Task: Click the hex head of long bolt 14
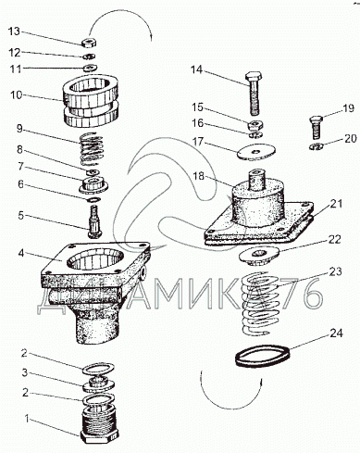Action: tap(254, 76)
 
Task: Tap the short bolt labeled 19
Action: tap(316, 127)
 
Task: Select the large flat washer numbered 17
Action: tap(256, 152)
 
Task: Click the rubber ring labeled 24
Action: tap(263, 356)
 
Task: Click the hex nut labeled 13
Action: tap(89, 43)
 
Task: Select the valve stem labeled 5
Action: tap(94, 222)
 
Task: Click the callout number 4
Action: tap(20, 254)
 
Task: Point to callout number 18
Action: tap(198, 176)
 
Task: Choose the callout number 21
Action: tap(336, 204)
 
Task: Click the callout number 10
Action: tap(17, 94)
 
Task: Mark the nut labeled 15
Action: tap(255, 125)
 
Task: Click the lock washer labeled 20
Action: tap(316, 146)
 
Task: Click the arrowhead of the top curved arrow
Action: tap(151, 38)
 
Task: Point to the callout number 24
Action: tap(336, 333)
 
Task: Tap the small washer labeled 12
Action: tap(90, 57)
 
